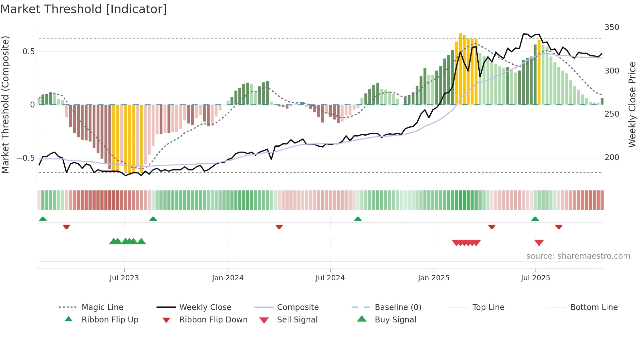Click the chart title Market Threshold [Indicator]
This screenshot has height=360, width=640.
pyautogui.click(x=84, y=9)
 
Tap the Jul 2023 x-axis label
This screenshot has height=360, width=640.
pyautogui.click(x=124, y=278)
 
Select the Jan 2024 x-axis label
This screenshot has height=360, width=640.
pyautogui.click(x=228, y=278)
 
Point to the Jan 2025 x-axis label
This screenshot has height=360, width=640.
pyautogui.click(x=434, y=278)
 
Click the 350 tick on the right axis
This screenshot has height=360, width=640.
pyautogui.click(x=612, y=27)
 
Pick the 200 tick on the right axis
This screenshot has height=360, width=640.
pyautogui.click(x=612, y=157)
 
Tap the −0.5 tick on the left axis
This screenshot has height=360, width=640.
pyautogui.click(x=26, y=158)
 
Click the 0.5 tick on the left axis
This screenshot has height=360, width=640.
pyautogui.click(x=28, y=52)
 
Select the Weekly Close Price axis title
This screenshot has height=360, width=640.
pyautogui.click(x=632, y=105)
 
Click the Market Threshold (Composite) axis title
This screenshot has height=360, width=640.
pyautogui.click(x=5, y=105)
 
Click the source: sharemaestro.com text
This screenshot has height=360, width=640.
pyautogui.click(x=578, y=256)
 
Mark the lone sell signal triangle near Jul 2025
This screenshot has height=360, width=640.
pyautogui.click(x=539, y=243)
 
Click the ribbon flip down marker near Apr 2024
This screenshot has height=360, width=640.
pyautogui.click(x=279, y=227)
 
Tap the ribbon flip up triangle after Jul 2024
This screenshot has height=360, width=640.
pyautogui.click(x=358, y=219)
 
